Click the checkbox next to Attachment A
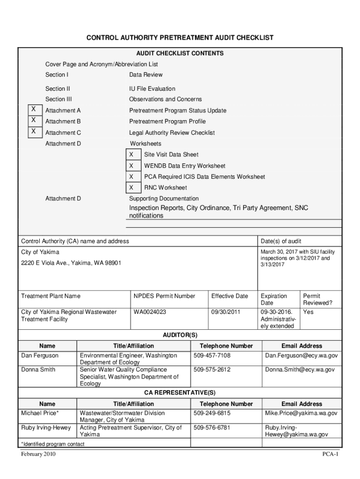(33, 109)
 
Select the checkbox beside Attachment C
(33, 131)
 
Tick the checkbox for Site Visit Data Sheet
(131, 154)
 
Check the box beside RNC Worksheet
(131, 188)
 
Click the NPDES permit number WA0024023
(150, 312)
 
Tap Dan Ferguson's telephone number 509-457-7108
(212, 356)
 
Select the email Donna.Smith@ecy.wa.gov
(300, 370)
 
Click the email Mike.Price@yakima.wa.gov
(301, 414)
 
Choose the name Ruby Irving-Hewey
(46, 428)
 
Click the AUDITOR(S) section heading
(180, 335)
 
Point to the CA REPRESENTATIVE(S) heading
(180, 393)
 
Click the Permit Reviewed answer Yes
(308, 312)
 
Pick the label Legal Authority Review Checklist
(172, 132)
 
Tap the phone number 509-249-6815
(212, 414)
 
